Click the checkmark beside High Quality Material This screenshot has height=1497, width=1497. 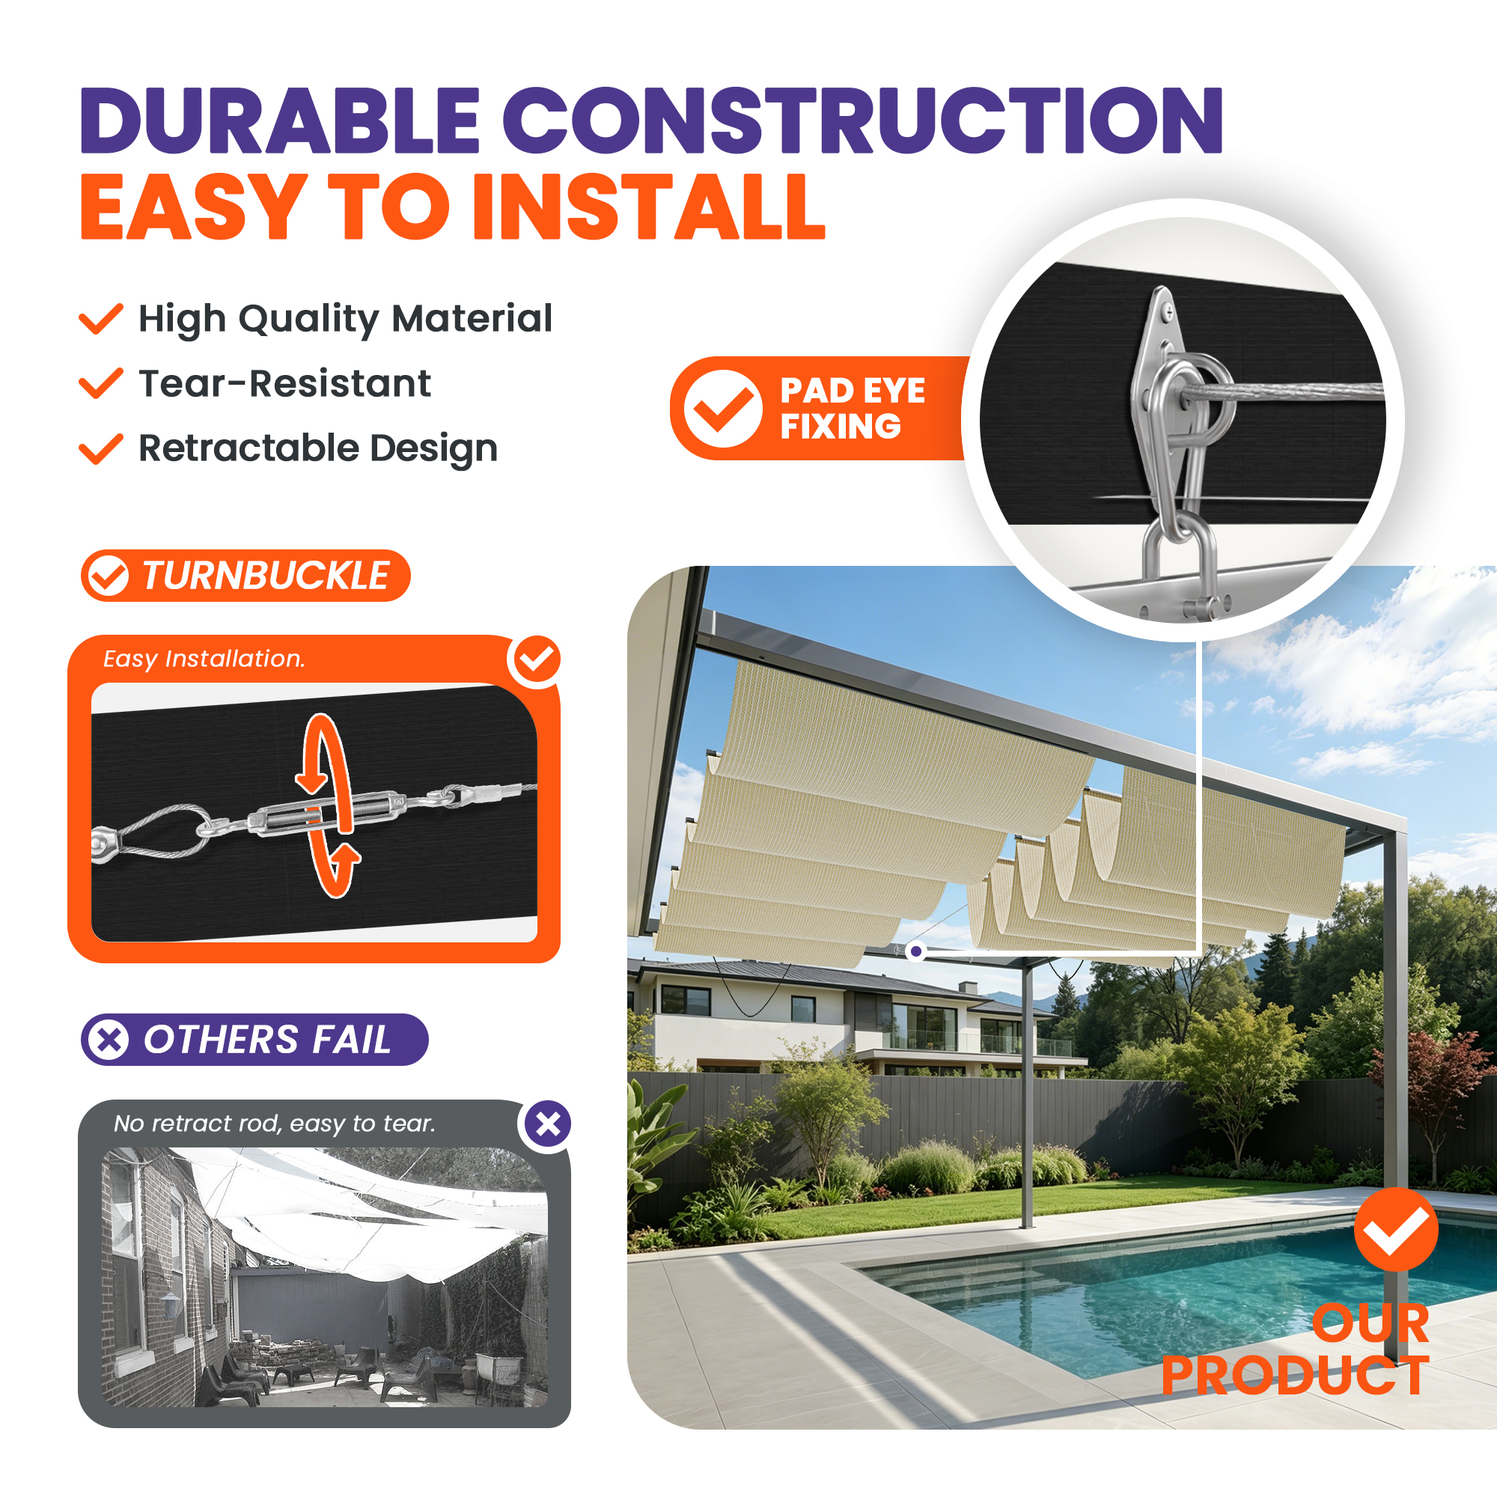[101, 318]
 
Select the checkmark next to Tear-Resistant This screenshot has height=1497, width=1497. [101, 383]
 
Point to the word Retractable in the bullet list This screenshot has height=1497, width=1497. [248, 448]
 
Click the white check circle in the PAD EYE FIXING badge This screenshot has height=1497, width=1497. [723, 409]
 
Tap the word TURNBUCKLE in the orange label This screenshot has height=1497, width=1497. [266, 576]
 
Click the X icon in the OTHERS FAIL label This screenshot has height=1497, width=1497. [109, 1040]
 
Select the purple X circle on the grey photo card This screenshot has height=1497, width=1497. [548, 1123]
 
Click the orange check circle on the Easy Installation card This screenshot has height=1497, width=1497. [536, 659]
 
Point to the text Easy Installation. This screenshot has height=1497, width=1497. [204, 659]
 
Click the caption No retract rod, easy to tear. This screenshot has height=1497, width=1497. [274, 1123]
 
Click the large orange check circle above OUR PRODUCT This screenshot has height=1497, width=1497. [1396, 1230]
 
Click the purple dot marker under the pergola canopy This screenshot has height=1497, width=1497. [916, 951]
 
